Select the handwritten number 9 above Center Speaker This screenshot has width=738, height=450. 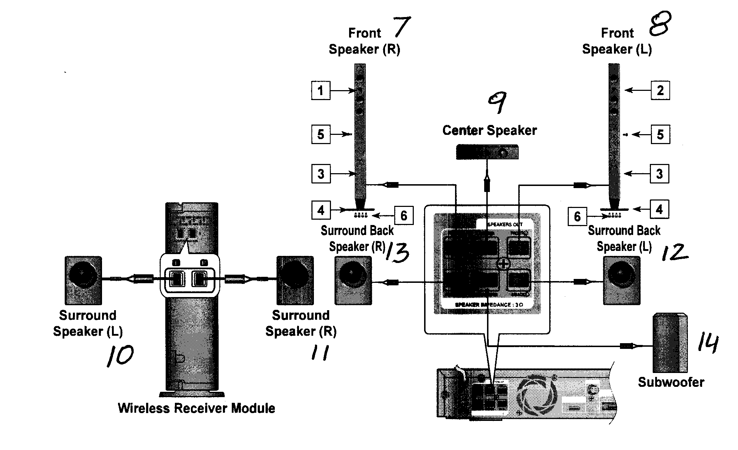coord(497,102)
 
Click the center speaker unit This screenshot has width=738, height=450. coord(487,152)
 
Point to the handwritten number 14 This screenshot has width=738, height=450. coord(707,343)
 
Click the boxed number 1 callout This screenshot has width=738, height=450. coord(320,90)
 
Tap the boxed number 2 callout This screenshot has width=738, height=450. coord(660,90)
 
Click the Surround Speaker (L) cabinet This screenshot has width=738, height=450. coord(83,280)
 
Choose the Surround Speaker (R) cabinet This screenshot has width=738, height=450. coord(295,280)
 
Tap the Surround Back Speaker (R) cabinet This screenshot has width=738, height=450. coord(353,281)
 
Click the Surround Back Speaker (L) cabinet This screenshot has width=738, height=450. coord(621,281)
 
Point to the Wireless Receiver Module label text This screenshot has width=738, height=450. coord(196,408)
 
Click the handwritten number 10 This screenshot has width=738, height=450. coord(120,356)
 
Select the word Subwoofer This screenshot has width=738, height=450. coord(671,382)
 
